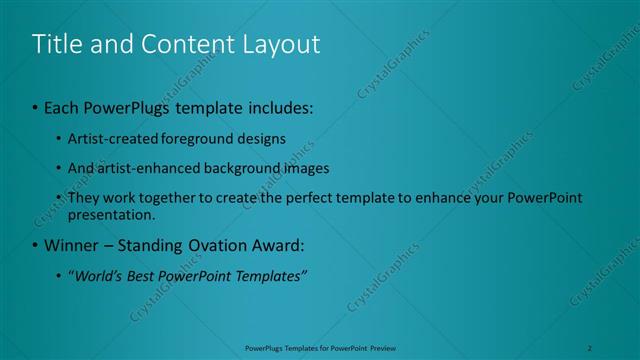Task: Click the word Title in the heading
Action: click(x=57, y=44)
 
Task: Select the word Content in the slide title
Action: click(x=179, y=44)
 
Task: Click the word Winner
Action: click(x=69, y=244)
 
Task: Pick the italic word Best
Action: click(x=148, y=275)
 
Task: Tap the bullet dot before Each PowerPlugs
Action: click(x=35, y=107)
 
